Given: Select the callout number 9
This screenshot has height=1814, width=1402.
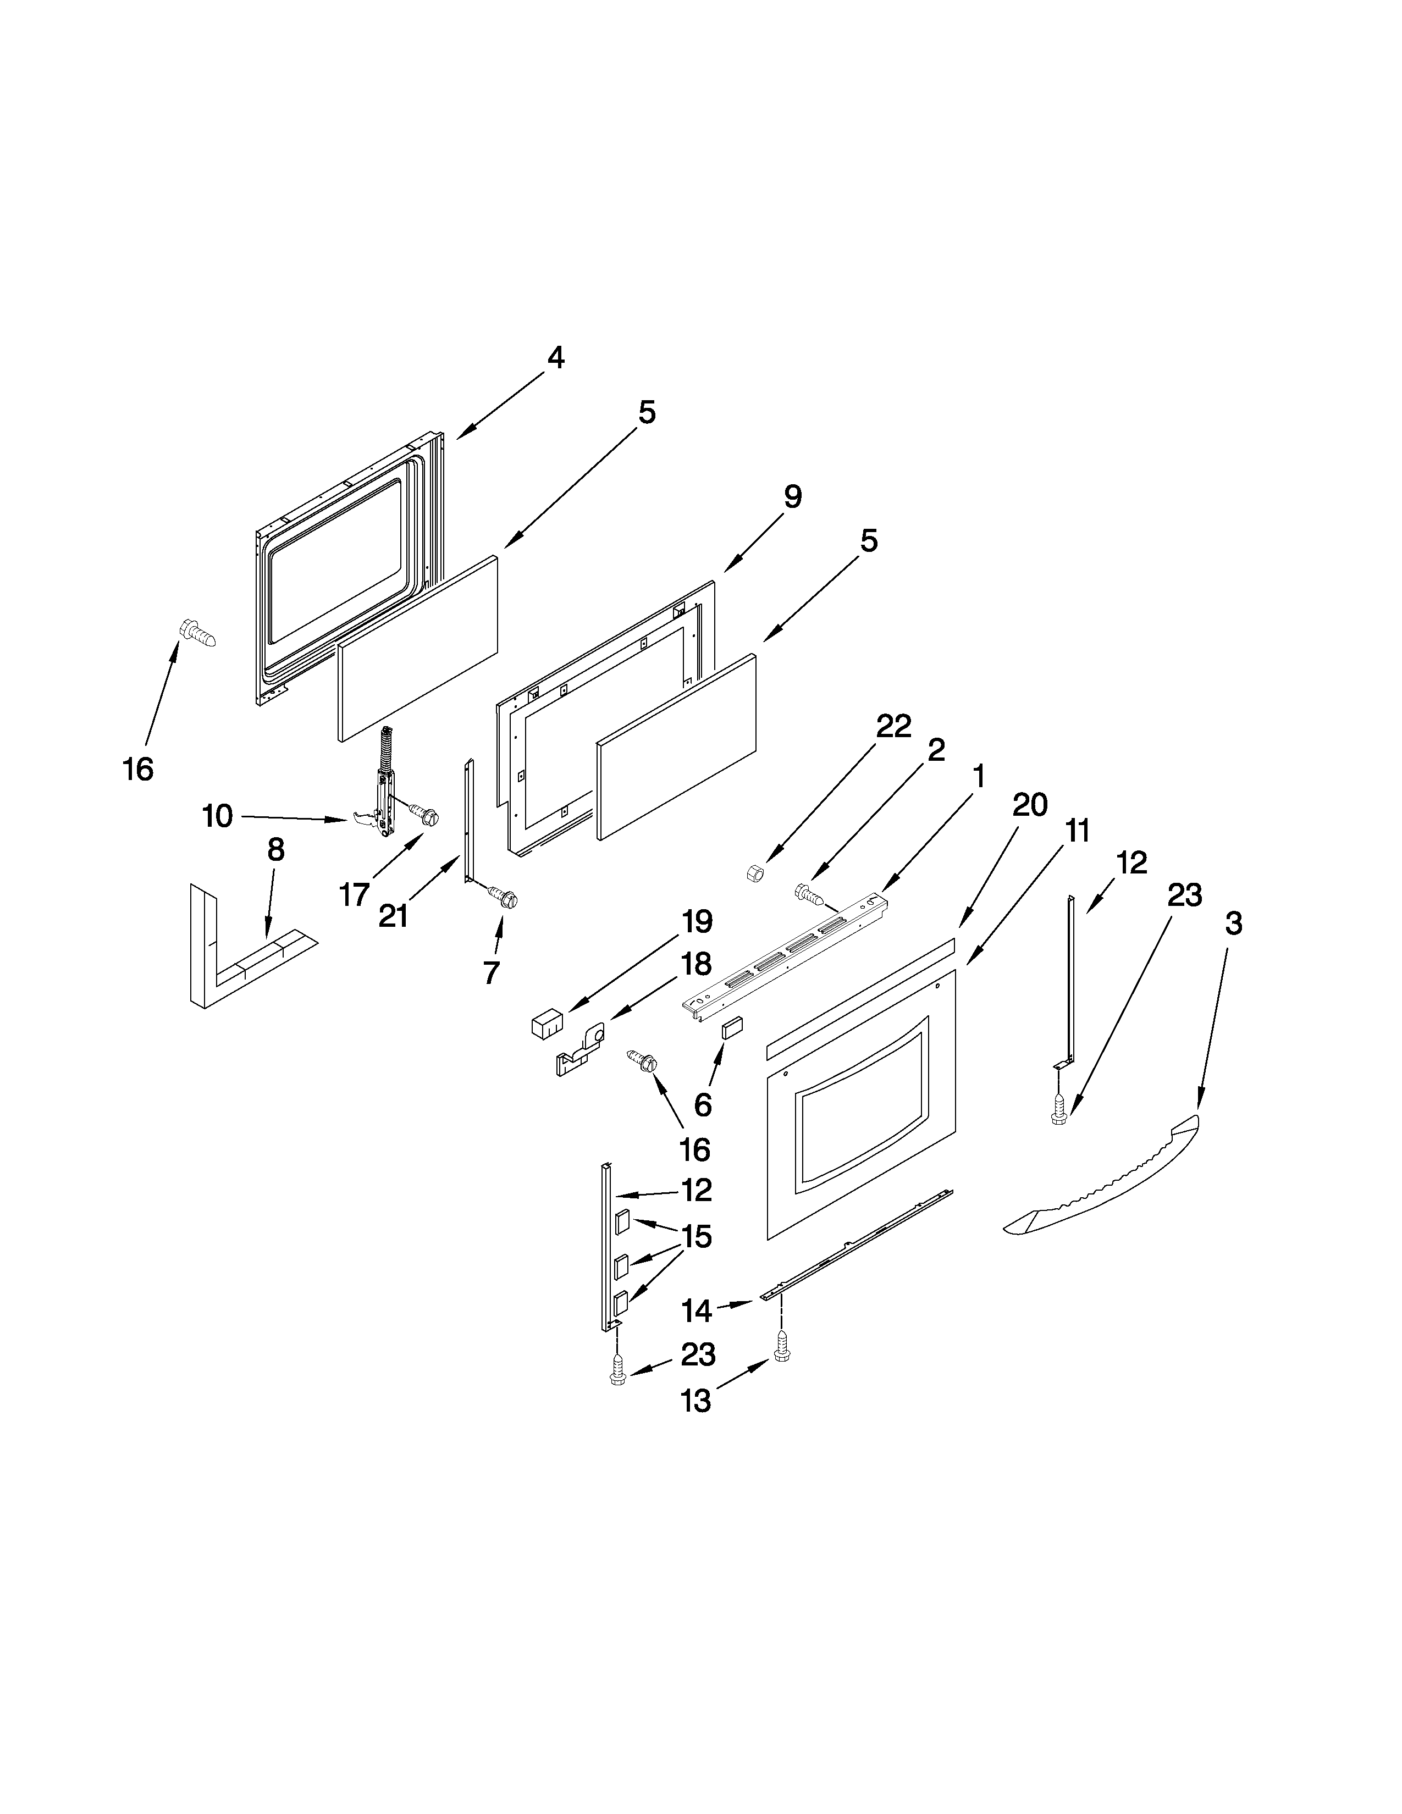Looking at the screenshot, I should tap(792, 497).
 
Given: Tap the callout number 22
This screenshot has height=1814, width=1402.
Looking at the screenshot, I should tap(893, 726).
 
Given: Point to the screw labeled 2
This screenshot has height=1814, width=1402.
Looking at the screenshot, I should tap(810, 894).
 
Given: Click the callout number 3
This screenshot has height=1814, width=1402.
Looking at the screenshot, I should tap(1233, 923).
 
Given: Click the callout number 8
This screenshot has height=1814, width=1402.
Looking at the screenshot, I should tap(276, 850).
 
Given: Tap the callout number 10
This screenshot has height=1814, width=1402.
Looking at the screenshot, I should tap(218, 816).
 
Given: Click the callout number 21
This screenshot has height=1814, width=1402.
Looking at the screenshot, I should tap(393, 915).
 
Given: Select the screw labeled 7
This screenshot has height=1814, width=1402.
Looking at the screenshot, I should tap(503, 897).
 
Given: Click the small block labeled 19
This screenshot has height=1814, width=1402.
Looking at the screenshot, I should tap(546, 1024).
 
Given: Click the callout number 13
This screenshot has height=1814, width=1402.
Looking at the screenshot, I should tap(696, 1401).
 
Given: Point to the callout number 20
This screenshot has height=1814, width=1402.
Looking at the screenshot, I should tap(1030, 805).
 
